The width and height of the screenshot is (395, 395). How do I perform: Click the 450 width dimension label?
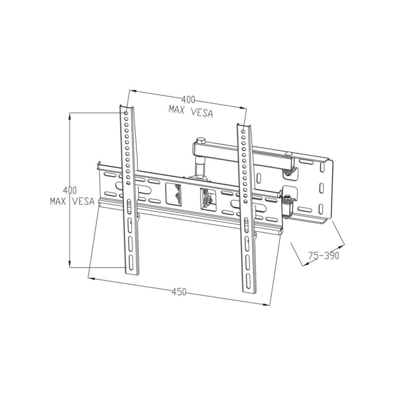179,292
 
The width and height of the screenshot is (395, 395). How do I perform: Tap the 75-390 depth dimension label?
322,256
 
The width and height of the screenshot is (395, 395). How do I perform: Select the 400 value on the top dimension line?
188,99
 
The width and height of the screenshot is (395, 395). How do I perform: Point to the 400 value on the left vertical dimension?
70,190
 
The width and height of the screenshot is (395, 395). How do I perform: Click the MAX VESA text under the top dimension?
190,112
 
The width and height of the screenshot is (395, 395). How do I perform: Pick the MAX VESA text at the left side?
72,201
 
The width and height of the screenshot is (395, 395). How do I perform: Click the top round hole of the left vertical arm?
127,113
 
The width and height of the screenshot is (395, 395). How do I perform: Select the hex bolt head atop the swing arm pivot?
200,141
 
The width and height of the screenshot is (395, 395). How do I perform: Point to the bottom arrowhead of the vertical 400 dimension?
70,266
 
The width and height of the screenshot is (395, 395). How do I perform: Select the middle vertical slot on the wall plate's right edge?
321,189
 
